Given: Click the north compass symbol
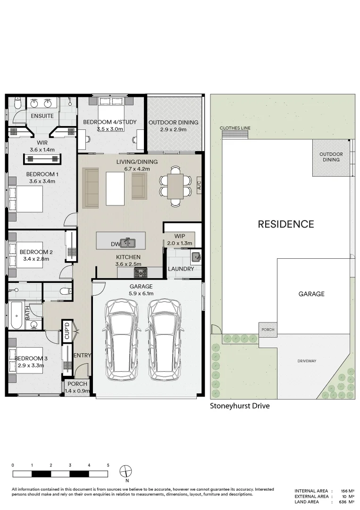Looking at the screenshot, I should point(126,471).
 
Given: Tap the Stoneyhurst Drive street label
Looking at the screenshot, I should point(240,406).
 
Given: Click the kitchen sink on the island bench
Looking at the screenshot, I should point(127,243).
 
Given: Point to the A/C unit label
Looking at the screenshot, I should point(199,185).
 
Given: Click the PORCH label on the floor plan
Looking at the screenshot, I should point(77,384).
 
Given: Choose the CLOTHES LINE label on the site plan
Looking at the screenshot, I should point(235,128).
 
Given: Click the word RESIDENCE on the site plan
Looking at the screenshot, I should point(285,224).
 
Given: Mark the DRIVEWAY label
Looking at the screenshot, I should point(307,361).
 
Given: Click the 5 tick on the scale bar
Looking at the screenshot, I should point(108,466).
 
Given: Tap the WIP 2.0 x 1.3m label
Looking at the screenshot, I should point(179,239).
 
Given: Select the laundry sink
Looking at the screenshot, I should point(196,257).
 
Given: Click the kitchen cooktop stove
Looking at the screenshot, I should point(141,272).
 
